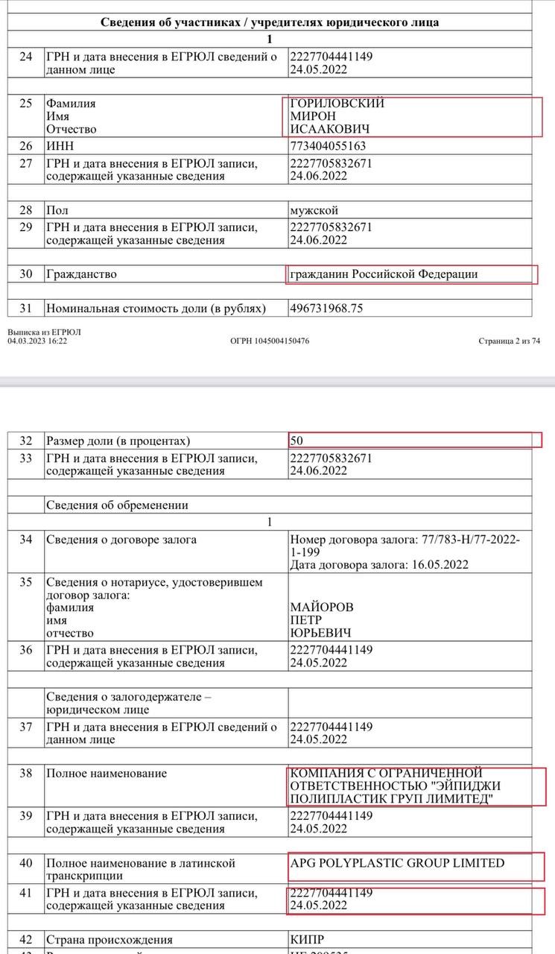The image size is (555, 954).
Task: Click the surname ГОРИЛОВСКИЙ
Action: (x=337, y=104)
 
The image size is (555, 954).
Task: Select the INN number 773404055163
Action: (x=328, y=146)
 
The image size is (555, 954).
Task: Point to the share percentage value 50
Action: (x=296, y=440)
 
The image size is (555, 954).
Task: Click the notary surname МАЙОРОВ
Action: (x=322, y=607)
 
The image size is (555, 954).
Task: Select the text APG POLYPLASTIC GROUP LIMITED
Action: (x=397, y=863)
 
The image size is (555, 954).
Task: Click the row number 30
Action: (x=26, y=274)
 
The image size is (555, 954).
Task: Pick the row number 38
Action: (x=26, y=773)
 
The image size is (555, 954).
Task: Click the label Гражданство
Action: (x=81, y=274)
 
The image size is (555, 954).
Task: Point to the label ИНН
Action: (x=60, y=146)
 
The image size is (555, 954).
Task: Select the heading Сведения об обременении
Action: (x=117, y=505)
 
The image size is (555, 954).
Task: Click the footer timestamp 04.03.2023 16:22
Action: (x=42, y=341)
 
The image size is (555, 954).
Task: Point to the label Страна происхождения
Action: (x=110, y=941)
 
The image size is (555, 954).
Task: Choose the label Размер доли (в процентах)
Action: (x=118, y=440)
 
